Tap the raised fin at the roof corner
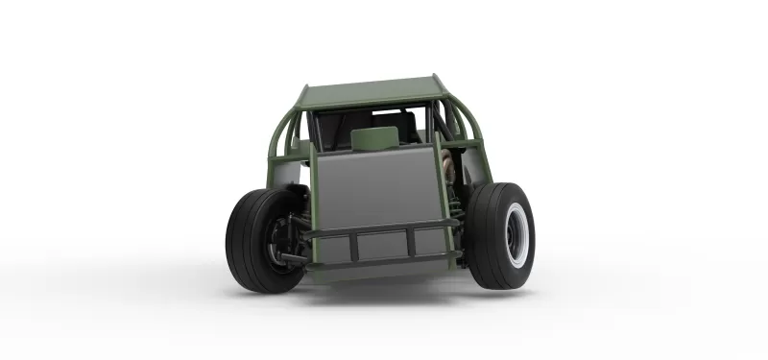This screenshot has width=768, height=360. [x=437, y=79]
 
